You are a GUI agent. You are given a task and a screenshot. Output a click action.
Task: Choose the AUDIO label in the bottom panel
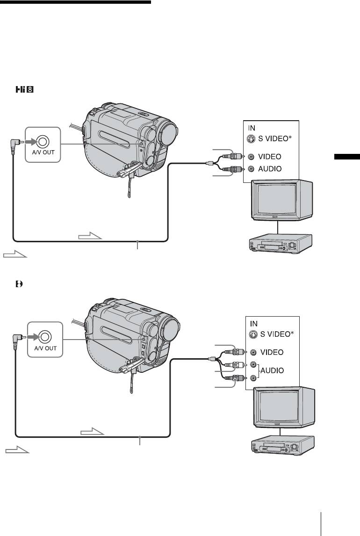[274, 370]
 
